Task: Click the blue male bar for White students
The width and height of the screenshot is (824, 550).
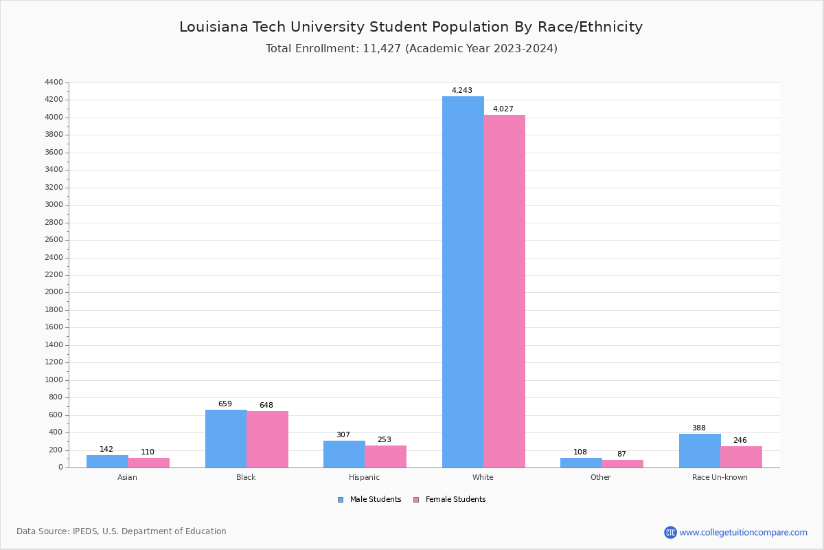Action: tap(463, 282)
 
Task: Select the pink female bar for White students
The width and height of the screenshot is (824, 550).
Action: tap(504, 291)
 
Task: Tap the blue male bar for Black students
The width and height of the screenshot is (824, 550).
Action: tap(226, 439)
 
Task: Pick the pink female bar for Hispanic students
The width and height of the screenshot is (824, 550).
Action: tap(385, 456)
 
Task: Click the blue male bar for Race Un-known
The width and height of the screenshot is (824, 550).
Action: tap(700, 450)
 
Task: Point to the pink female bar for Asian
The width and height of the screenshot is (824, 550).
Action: tap(148, 463)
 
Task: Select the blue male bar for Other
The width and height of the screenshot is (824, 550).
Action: tap(581, 463)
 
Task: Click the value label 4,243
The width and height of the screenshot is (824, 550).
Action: tap(461, 91)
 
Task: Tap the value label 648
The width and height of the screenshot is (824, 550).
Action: tap(266, 406)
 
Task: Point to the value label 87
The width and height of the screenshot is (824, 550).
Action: tap(621, 454)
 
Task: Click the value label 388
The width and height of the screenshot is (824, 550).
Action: tap(698, 428)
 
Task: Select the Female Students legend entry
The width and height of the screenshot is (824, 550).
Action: tap(450, 500)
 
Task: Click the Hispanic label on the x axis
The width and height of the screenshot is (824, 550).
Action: tap(364, 477)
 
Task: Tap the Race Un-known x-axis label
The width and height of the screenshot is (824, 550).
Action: tap(720, 477)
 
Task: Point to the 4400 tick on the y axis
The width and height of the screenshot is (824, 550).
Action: tap(54, 82)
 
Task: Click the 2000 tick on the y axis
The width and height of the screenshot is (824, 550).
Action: tap(54, 292)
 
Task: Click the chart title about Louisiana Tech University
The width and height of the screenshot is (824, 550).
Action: tap(411, 27)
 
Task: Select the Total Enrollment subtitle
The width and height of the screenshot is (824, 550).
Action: tap(411, 49)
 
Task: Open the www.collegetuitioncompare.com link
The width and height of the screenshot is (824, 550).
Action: tap(743, 532)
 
